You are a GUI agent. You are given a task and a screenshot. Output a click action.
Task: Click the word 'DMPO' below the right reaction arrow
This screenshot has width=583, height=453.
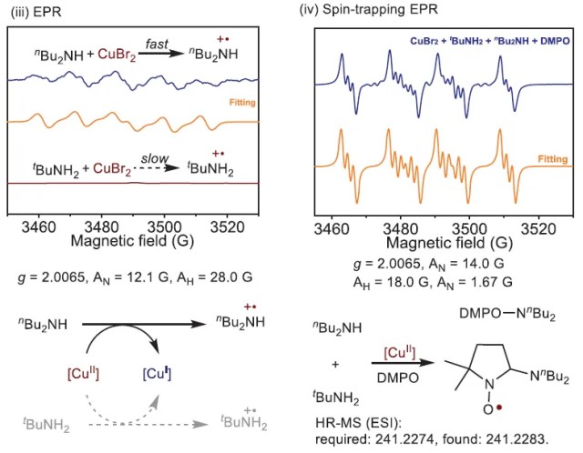(x=414, y=375)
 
